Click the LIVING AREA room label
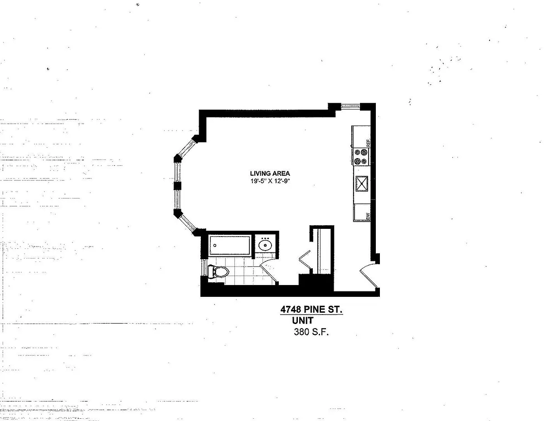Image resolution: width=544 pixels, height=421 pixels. [270, 174]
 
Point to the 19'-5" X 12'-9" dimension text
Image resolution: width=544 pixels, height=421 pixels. [270, 181]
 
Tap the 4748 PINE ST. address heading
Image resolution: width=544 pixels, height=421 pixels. [311, 310]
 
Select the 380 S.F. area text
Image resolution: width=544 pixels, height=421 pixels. [311, 332]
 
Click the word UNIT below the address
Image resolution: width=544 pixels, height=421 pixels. [303, 321]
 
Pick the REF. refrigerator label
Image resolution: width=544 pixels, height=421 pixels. [368, 143]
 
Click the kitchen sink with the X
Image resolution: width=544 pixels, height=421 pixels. [362, 184]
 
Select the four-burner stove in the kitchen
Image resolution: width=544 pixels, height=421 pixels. [361, 157]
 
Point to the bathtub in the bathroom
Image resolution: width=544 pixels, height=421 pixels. [229, 245]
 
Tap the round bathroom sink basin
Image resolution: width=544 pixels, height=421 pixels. [265, 246]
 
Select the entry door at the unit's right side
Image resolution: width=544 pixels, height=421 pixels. [368, 276]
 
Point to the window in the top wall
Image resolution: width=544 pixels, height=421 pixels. [350, 106]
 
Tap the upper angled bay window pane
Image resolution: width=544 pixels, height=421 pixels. [186, 148]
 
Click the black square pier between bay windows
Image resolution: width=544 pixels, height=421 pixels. [177, 186]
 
